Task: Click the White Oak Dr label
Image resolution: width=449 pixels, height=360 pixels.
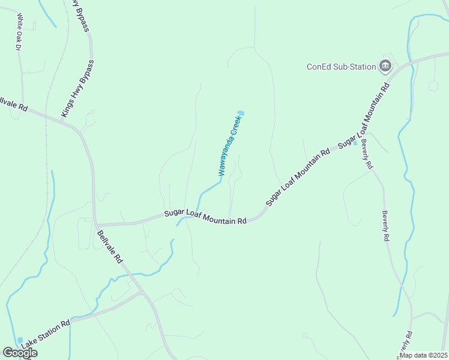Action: coord(19,31)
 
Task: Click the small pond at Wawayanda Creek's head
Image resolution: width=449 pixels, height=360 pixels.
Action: coord(241,113)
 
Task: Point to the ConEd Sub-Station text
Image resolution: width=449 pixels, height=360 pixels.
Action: coord(341,67)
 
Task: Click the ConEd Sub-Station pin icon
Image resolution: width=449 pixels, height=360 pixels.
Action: coord(385,66)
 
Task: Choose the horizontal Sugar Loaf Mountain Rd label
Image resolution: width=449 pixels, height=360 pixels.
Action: coord(206,217)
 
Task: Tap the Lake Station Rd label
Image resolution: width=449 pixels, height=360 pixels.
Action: coord(46,334)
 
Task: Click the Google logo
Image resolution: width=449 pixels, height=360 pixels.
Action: coord(19,353)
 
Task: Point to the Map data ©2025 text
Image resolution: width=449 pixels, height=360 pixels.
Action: coord(423,355)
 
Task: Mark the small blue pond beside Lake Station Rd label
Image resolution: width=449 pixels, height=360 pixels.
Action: coord(20,340)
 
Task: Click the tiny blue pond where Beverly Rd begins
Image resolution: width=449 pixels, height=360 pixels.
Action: coord(355,143)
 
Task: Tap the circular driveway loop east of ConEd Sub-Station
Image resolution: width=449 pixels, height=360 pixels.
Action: coord(433,86)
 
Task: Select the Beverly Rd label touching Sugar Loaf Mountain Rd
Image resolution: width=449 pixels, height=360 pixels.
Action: coord(367,157)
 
